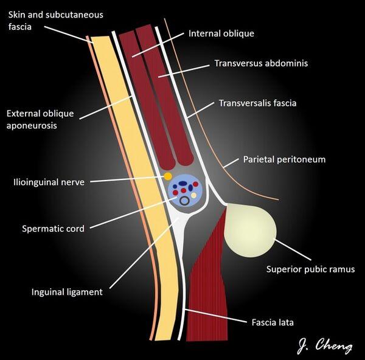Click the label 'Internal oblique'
tap(221, 33)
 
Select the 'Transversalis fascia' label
tap(257, 103)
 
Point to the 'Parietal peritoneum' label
tap(285, 159)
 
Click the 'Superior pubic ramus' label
tap(310, 269)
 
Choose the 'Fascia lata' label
tap(272, 322)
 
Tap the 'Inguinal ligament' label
tap(67, 292)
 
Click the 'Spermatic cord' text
tap(53, 229)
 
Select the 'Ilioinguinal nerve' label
tap(50, 181)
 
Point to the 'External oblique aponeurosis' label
tap(40, 119)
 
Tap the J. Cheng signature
tap(325, 346)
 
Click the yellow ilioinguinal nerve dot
tap(167, 176)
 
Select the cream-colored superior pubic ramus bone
tap(249, 229)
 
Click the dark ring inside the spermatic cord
tap(182, 199)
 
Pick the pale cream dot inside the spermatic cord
tap(194, 196)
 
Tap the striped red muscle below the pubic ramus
tap(207, 274)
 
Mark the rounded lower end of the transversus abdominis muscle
tap(184, 159)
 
